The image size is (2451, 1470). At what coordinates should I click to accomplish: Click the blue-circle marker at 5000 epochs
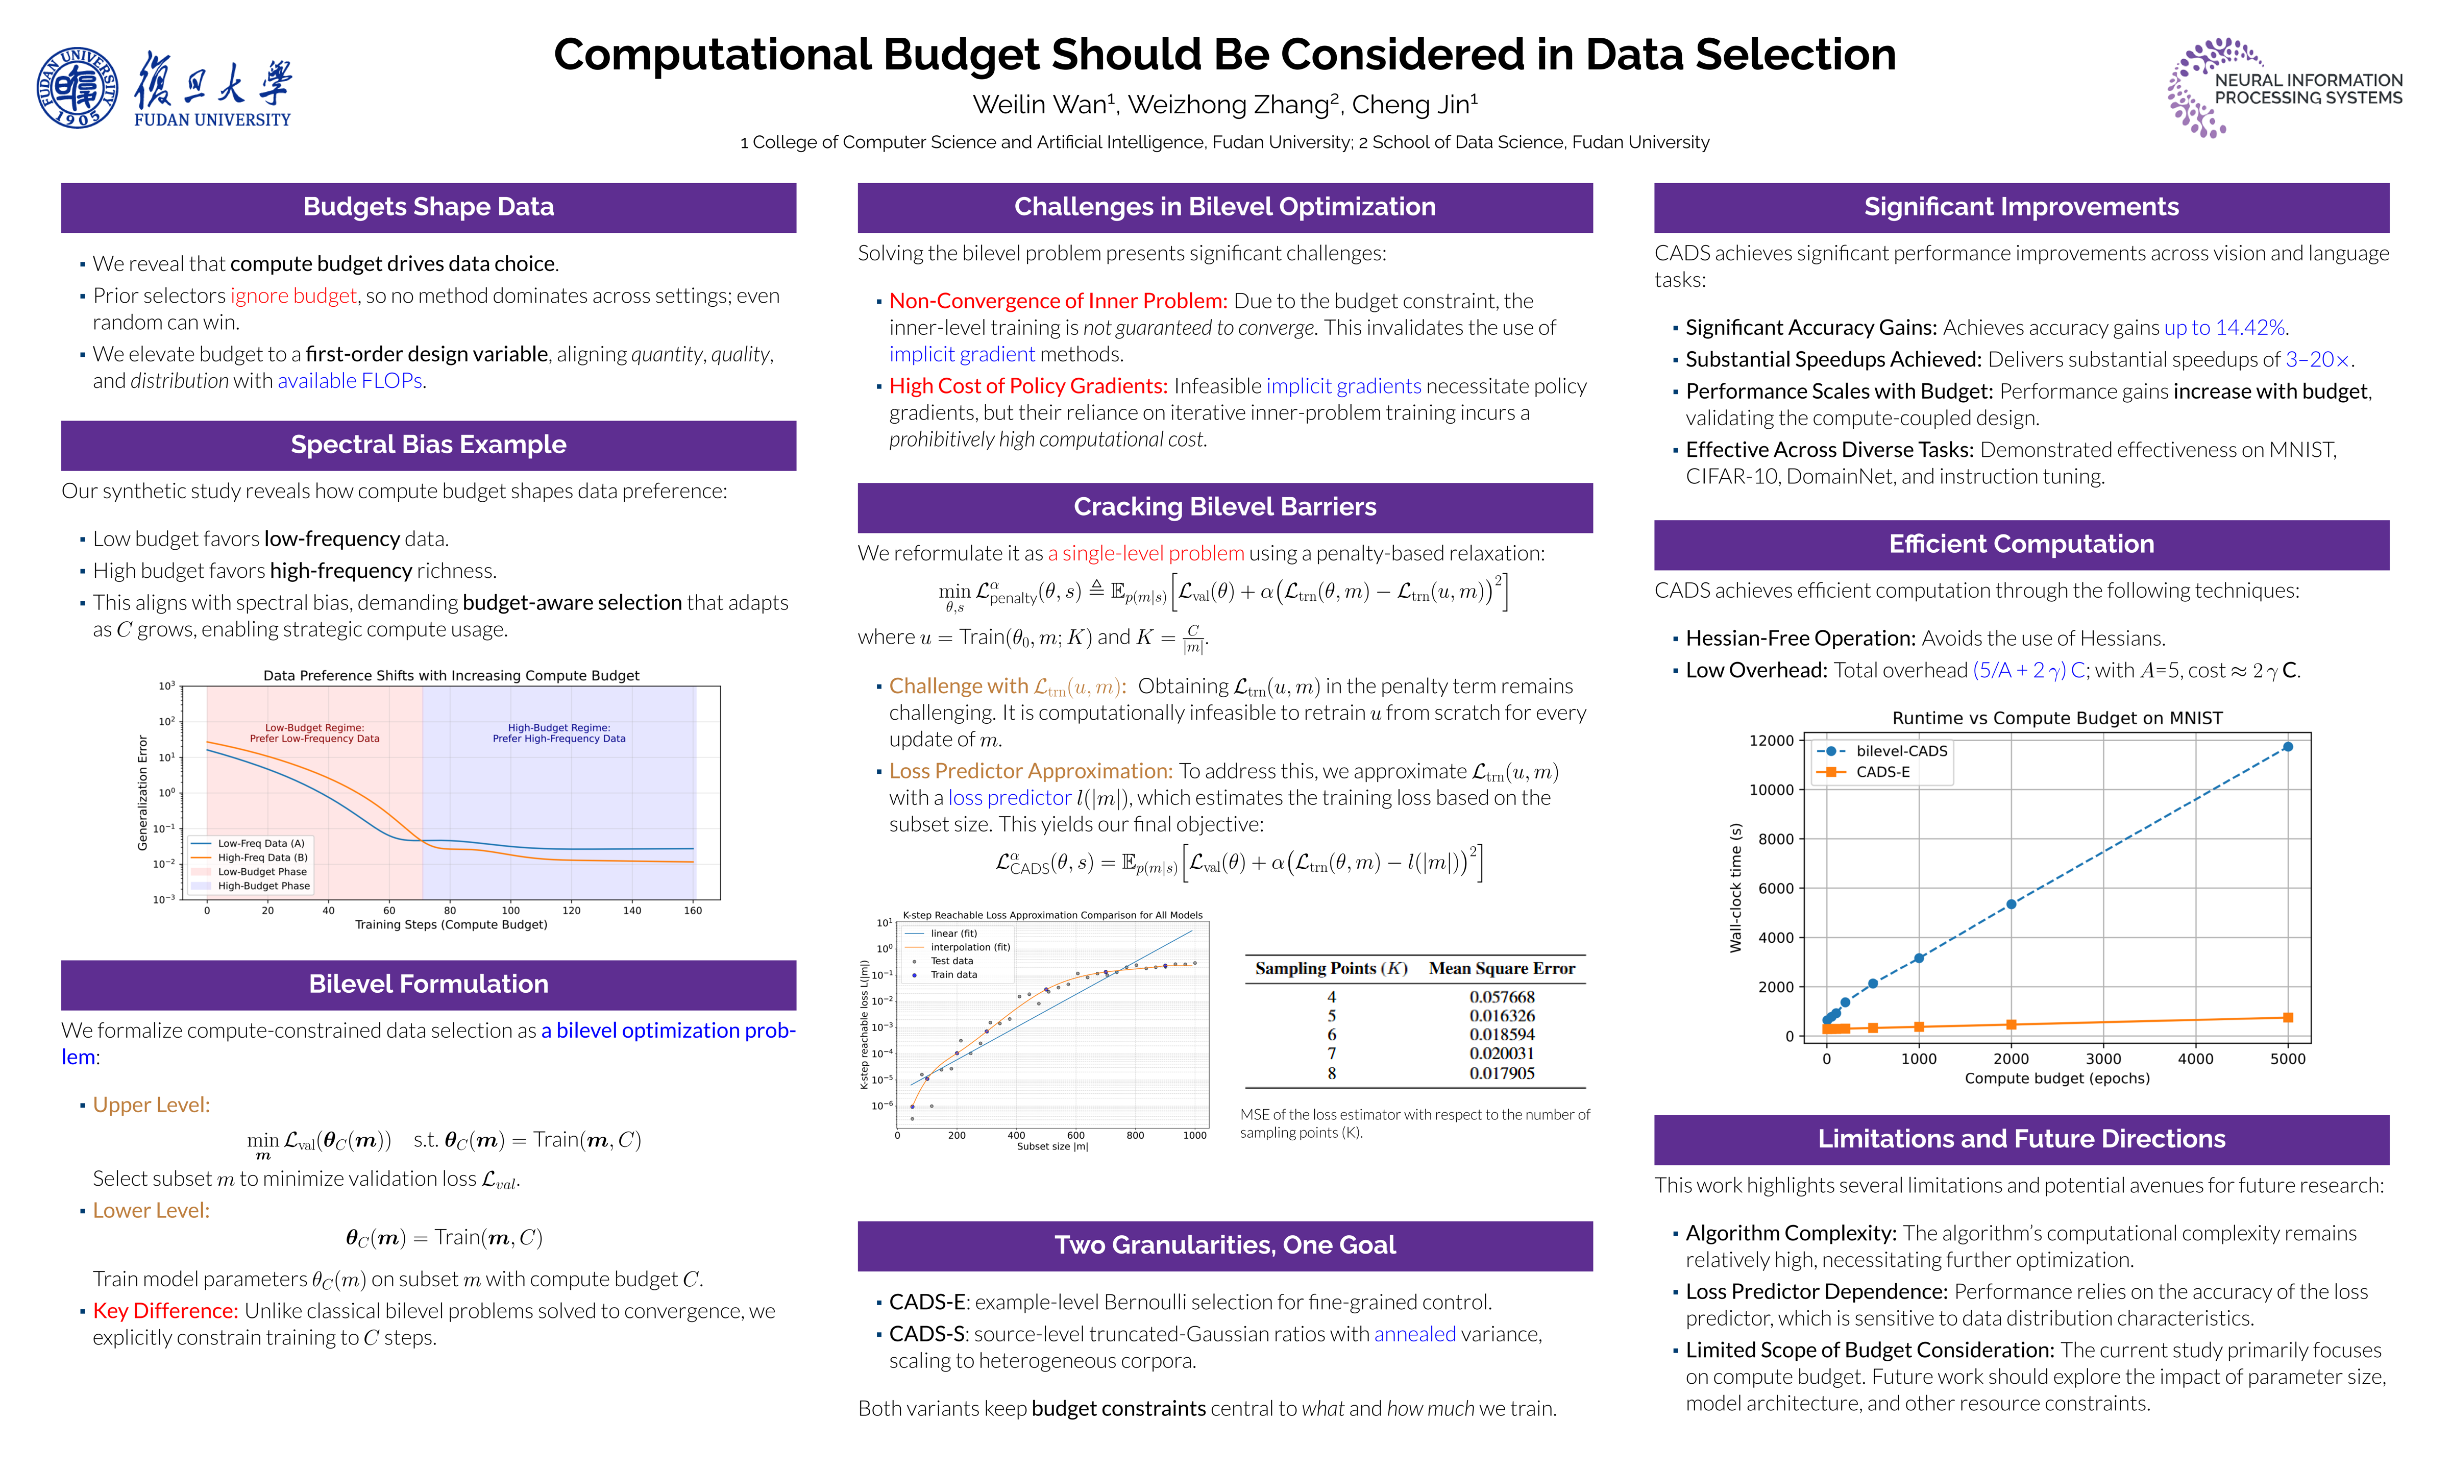click(2288, 747)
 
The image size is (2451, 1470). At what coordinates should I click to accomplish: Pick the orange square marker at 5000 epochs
click(2288, 1017)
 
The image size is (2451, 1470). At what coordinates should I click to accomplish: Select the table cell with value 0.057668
click(1501, 996)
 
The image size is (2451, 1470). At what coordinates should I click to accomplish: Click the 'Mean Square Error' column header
click(1501, 969)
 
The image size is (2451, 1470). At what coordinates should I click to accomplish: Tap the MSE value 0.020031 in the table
click(1501, 1054)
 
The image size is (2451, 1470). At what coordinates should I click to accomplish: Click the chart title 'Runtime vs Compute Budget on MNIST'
click(2057, 718)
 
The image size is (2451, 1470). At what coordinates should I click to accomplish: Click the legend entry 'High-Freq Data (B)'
click(262, 858)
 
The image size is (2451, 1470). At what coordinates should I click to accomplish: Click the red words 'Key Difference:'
click(165, 1311)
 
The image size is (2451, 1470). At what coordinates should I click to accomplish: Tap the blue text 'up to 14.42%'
click(2224, 328)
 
